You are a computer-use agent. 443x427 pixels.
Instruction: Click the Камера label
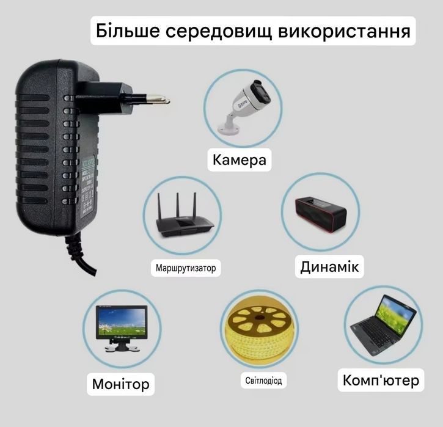pyautogui.click(x=240, y=160)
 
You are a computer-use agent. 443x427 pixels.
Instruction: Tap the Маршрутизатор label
pyautogui.click(x=186, y=268)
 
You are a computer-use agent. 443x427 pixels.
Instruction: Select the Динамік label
pyautogui.click(x=329, y=267)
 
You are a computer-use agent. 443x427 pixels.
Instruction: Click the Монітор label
pyautogui.click(x=120, y=384)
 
